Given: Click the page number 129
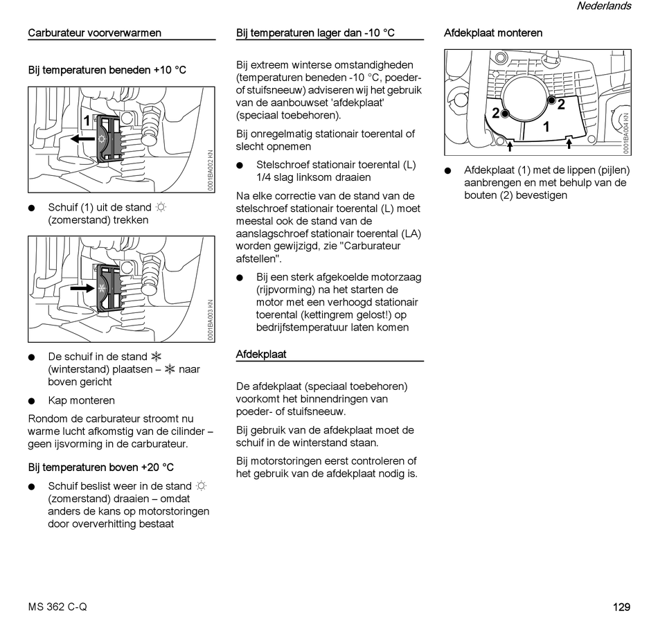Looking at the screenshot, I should (621, 607).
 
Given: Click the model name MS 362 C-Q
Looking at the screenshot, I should (57, 607).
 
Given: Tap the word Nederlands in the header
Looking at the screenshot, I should (603, 6).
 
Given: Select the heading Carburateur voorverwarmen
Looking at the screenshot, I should (94, 33).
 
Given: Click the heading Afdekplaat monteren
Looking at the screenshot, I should (492, 33).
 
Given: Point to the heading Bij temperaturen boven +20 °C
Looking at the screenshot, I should (100, 467).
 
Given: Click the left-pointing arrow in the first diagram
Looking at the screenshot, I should (83, 139).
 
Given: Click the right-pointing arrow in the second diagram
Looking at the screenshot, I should (82, 287).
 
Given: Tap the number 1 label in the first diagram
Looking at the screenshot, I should (87, 121).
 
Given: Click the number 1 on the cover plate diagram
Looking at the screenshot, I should (546, 127).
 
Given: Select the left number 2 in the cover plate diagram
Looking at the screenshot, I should (496, 113).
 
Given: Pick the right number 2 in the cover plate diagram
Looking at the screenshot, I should (561, 105).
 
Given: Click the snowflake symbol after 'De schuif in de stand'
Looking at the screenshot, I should (156, 357).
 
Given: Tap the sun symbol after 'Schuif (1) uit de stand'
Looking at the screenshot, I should (161, 207).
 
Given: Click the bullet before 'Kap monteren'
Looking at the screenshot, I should (32, 400).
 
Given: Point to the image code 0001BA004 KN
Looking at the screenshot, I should (625, 133).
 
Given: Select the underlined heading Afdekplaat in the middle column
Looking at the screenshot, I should (261, 354).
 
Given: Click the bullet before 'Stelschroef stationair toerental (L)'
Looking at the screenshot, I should (240, 165).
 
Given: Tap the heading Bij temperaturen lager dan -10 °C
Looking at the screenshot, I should (315, 33).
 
